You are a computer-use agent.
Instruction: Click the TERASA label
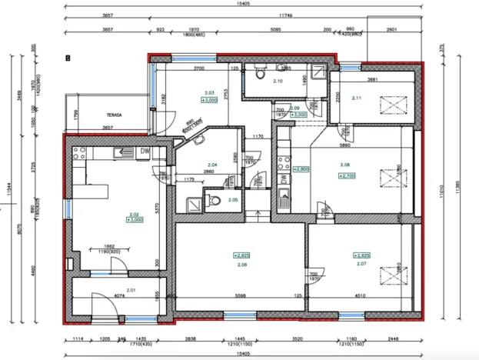[x=96, y=115]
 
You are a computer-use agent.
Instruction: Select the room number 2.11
[x=355, y=98]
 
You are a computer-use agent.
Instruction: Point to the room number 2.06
[x=242, y=264]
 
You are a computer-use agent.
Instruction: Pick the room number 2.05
[x=233, y=200]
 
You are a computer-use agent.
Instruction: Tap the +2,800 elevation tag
[x=301, y=168]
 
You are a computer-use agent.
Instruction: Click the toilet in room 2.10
[x=261, y=75]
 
